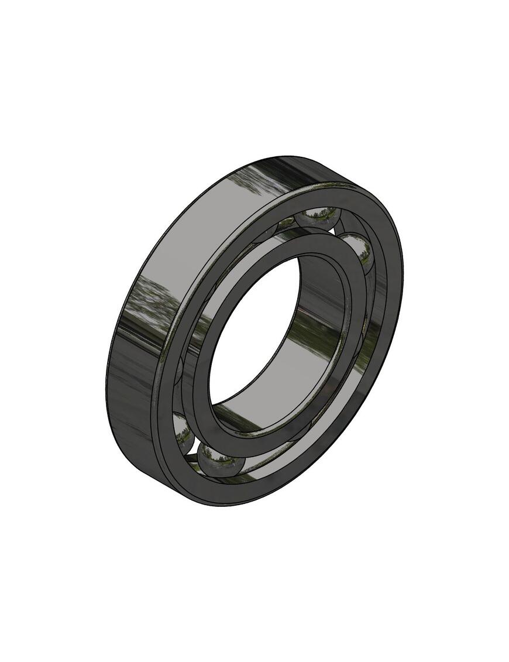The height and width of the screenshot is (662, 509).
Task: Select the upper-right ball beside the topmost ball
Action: tap(359, 250)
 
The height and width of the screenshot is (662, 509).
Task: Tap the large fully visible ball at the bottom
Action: tap(221, 457)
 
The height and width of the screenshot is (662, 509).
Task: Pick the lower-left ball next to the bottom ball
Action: tap(183, 430)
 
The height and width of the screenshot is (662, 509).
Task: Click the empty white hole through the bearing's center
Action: tap(252, 328)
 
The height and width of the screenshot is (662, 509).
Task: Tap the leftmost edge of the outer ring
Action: tap(107, 386)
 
